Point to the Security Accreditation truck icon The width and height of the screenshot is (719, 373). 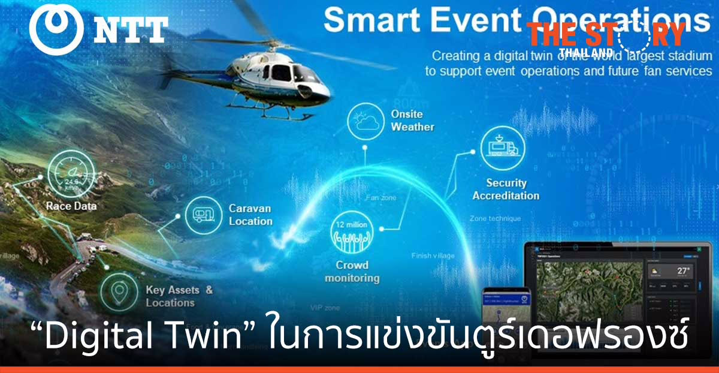click(x=502, y=148)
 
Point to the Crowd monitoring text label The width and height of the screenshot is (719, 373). click(x=352, y=272)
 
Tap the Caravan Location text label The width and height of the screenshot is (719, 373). click(x=250, y=215)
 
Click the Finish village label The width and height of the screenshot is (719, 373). click(x=433, y=256)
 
